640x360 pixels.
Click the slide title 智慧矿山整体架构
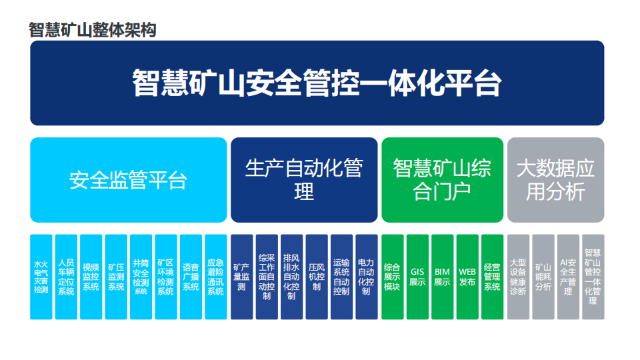tap(92, 30)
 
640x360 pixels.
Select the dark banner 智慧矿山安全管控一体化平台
tap(317, 83)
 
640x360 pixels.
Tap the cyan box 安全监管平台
tap(129, 180)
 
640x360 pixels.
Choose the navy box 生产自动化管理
tap(304, 180)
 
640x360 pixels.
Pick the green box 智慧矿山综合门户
tap(443, 180)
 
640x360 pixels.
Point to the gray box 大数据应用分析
tap(556, 180)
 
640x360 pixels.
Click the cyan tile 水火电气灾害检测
tap(41, 277)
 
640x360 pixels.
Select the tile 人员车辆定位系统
tap(66, 277)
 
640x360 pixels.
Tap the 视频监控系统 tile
tap(91, 277)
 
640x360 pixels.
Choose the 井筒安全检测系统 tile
tap(141, 277)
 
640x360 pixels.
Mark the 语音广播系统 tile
tap(191, 277)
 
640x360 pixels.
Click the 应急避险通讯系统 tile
tap(216, 277)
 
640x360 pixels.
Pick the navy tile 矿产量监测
tap(242, 277)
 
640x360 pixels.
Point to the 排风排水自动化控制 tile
tap(292, 277)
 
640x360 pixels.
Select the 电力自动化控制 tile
tap(367, 277)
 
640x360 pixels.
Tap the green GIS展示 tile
tap(417, 277)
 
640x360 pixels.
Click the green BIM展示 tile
tap(443, 277)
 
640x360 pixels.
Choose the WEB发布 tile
tap(467, 277)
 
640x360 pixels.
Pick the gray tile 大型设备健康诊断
tap(519, 277)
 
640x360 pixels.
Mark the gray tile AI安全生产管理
tap(568, 277)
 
